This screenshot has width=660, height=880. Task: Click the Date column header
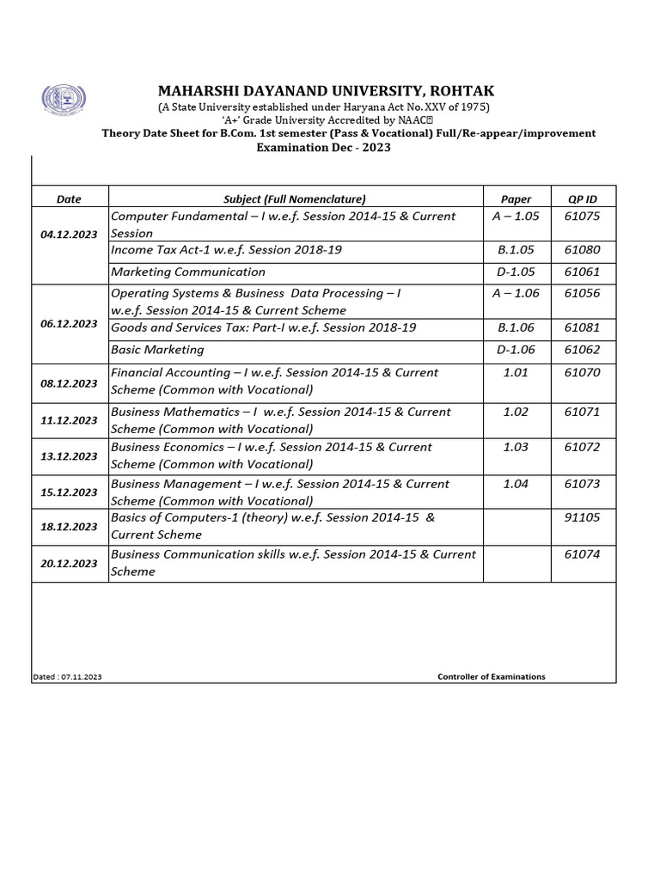pos(69,199)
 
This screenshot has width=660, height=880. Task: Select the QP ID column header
pos(583,199)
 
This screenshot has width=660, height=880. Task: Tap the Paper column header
pos(516,199)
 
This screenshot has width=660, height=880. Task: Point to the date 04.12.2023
pos(69,234)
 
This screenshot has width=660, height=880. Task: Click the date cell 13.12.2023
pos(69,456)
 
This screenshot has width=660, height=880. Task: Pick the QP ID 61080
pos(583,250)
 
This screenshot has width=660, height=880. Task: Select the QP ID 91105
pos(583,517)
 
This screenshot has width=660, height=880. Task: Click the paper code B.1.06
pos(516,327)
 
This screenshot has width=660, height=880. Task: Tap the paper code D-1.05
pos(516,272)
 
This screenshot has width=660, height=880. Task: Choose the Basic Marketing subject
pos(157,350)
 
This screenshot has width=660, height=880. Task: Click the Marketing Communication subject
pos(188,272)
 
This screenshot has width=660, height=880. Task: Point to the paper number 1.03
pos(516,447)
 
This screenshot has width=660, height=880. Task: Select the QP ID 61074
pos(583,554)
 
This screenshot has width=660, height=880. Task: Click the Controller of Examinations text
pos(492,676)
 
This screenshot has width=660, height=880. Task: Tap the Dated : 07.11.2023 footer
pos(67,677)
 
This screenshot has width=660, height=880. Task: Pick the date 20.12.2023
pos(69,564)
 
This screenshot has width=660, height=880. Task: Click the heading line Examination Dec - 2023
pos(324,147)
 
